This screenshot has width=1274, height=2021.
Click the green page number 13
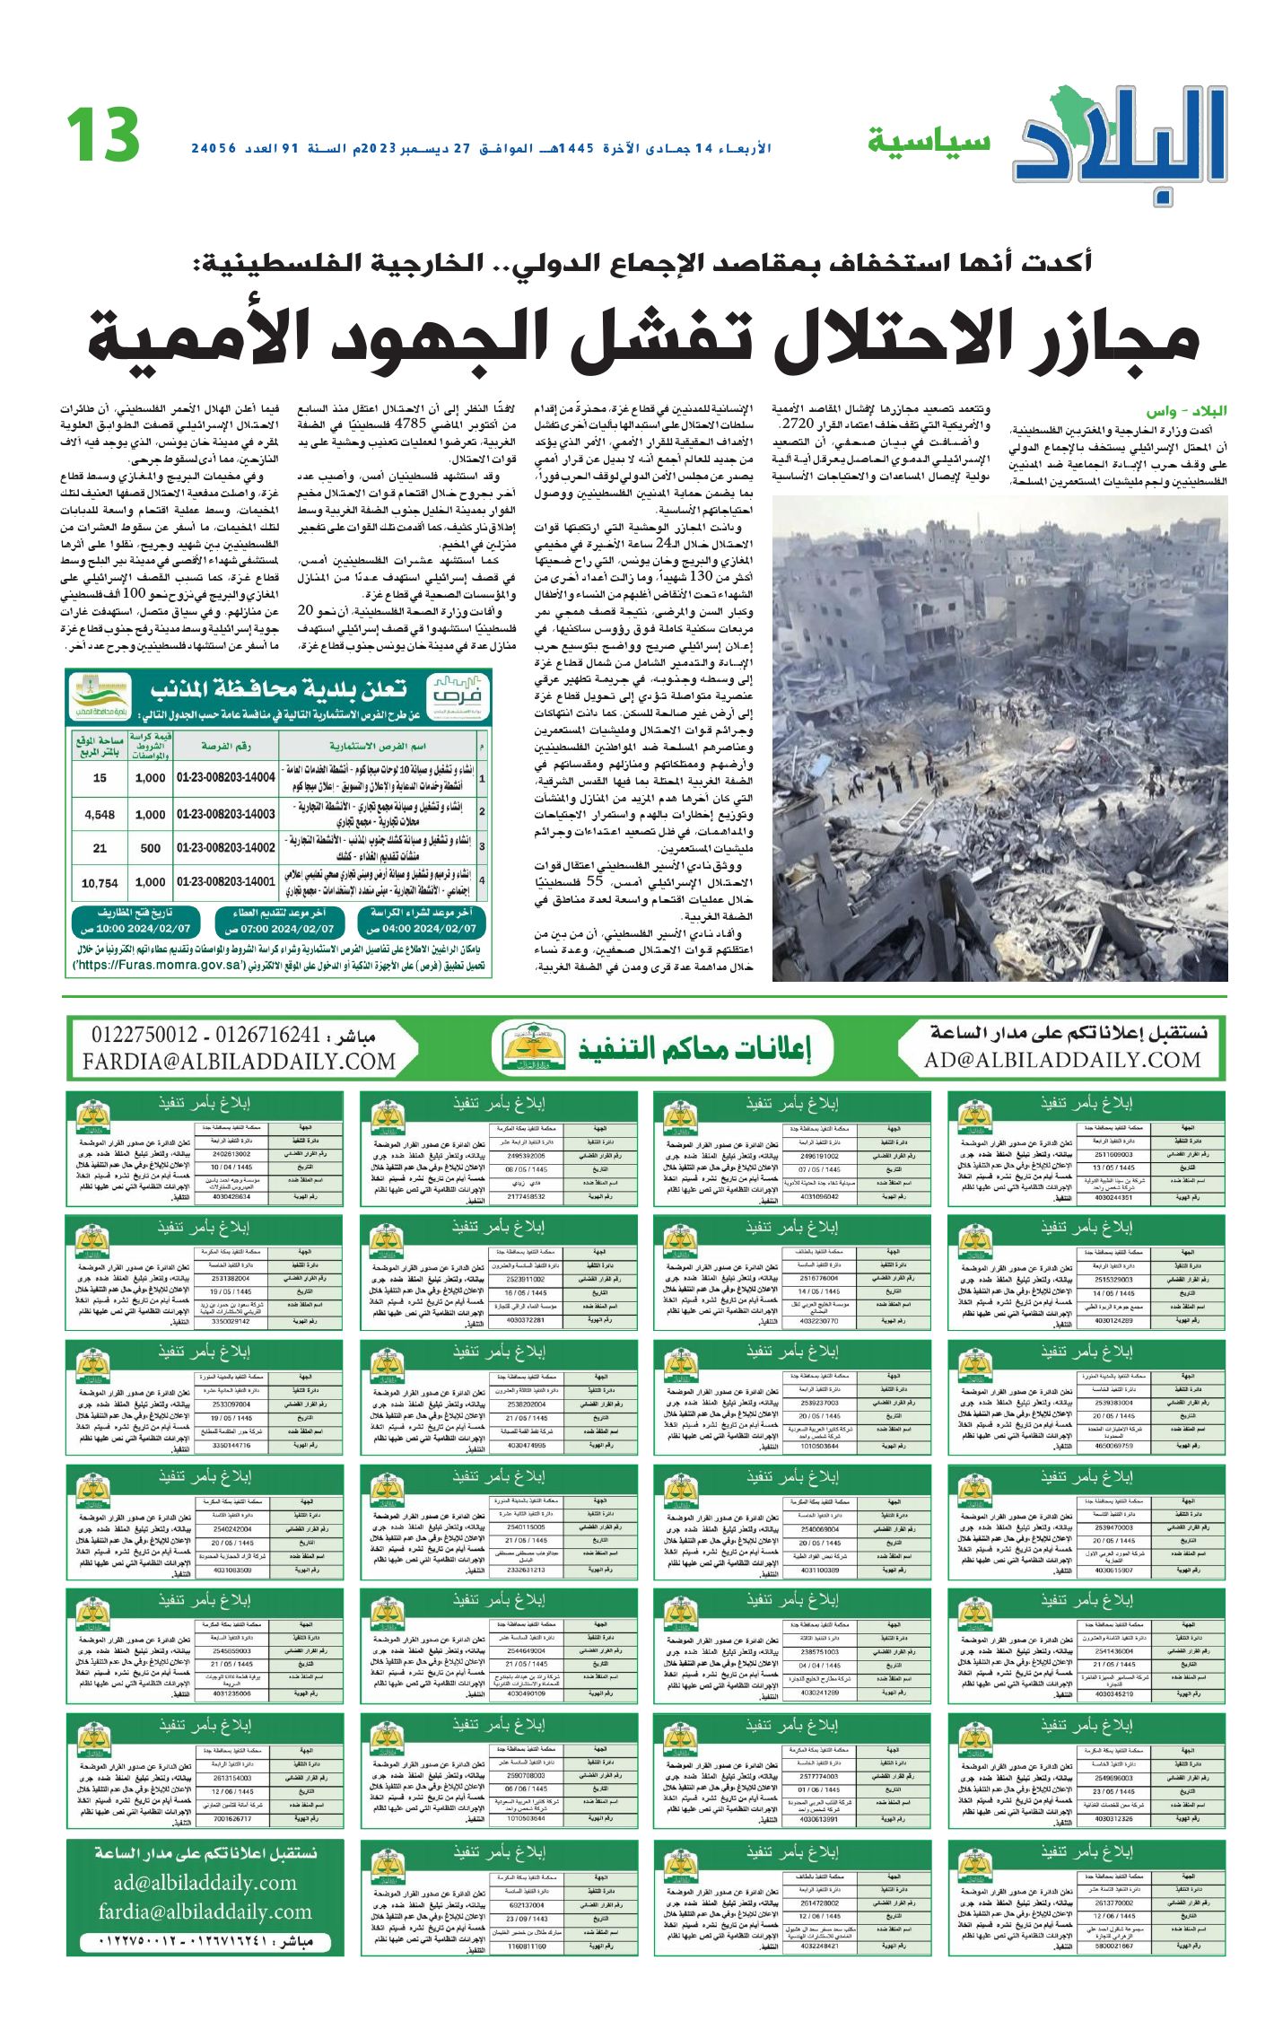[x=103, y=136]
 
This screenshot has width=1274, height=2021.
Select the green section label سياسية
[x=929, y=141]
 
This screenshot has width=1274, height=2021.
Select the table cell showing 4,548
[x=100, y=815]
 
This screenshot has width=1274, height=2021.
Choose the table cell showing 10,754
[x=100, y=883]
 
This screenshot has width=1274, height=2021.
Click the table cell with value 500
[x=150, y=848]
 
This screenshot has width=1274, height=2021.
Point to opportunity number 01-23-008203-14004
[x=226, y=778]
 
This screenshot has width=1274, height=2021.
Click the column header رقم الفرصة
[x=226, y=746]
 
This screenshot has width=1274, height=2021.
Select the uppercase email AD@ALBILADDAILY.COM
[x=1062, y=1060]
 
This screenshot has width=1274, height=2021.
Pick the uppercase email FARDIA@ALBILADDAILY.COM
[x=239, y=1062]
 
